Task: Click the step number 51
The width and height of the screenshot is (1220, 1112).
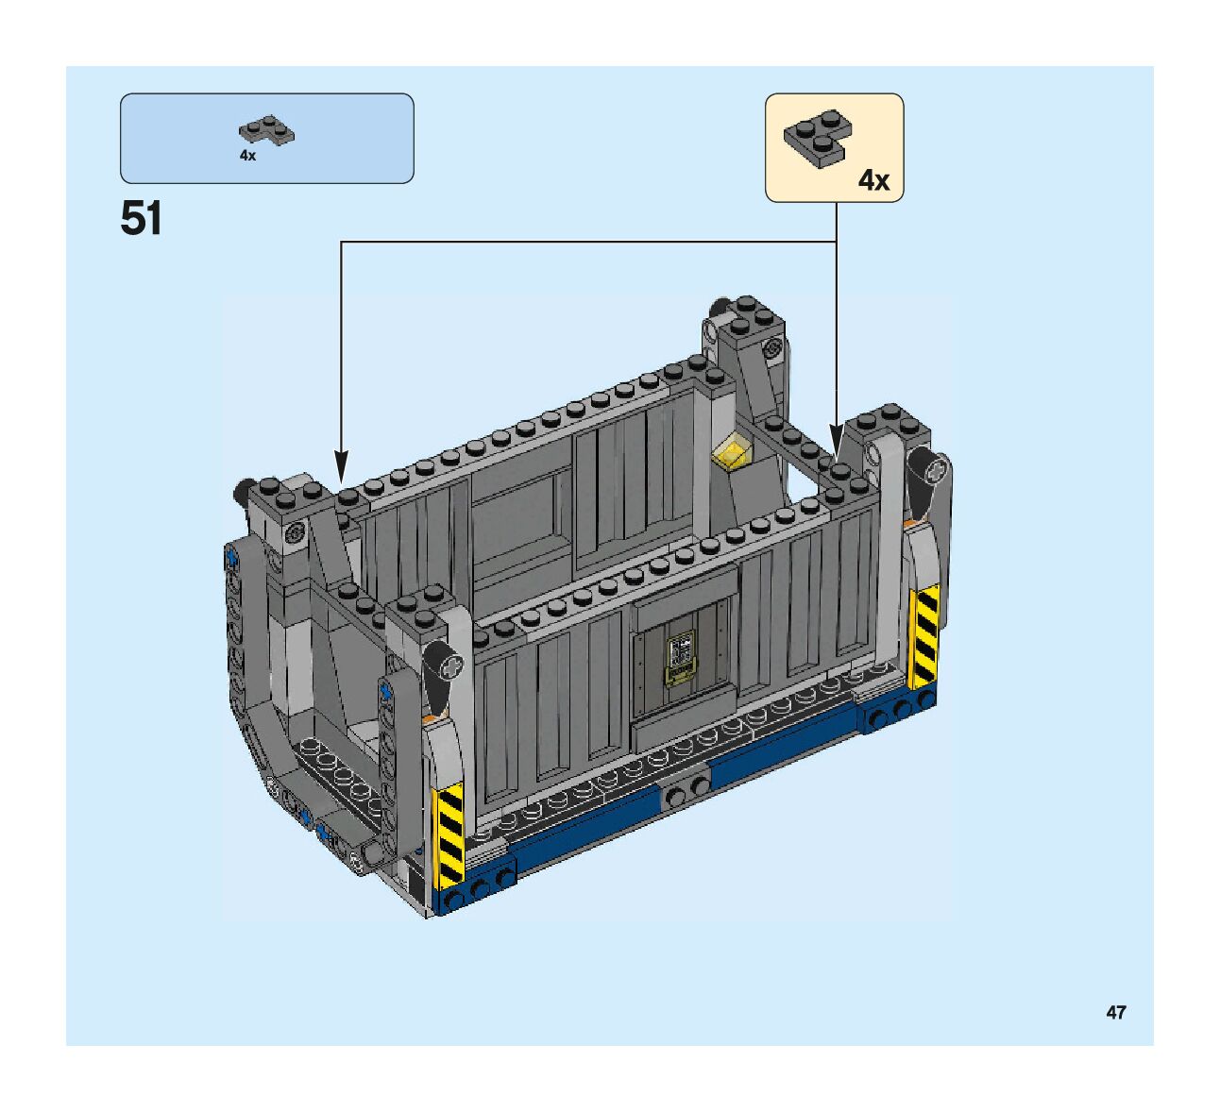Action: pyautogui.click(x=142, y=219)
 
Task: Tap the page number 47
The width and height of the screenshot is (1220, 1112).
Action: pyautogui.click(x=1116, y=1012)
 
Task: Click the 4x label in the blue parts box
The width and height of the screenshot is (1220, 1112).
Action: pyautogui.click(x=247, y=156)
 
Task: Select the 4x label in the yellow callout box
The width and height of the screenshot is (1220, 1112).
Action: pyautogui.click(x=873, y=179)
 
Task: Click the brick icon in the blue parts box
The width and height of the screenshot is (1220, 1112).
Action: pyautogui.click(x=266, y=129)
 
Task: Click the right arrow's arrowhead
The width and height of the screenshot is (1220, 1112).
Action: pyautogui.click(x=837, y=437)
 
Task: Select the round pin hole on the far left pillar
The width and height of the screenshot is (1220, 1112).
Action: pyautogui.click(x=296, y=532)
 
